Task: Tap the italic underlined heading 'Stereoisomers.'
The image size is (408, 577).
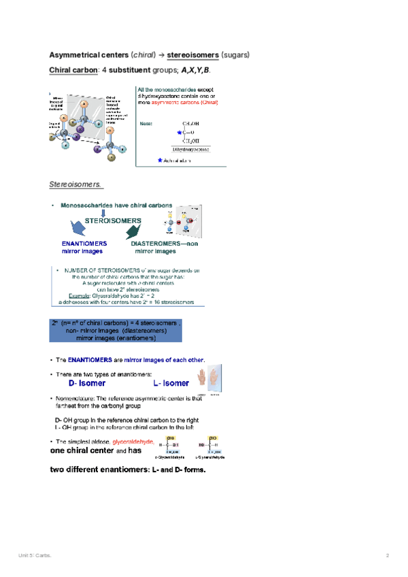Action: (75, 184)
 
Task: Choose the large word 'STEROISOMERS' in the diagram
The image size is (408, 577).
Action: (113, 221)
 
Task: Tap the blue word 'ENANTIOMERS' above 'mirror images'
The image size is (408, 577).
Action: (84, 244)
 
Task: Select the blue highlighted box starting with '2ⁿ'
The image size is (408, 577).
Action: (114, 331)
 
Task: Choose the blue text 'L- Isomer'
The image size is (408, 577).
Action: (171, 384)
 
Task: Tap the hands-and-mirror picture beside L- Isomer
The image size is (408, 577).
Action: (209, 380)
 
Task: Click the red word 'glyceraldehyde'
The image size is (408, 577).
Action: (141, 442)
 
